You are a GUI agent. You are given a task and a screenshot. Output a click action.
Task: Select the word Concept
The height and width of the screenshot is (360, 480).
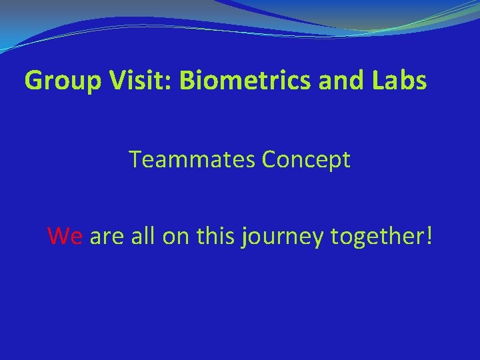[x=306, y=160]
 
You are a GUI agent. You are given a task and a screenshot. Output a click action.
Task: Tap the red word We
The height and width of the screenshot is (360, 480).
[x=65, y=235]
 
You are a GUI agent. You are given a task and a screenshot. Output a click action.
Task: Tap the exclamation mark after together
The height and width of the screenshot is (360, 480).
[x=429, y=235]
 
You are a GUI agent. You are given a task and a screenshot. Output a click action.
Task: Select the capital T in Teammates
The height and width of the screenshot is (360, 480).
[x=136, y=160]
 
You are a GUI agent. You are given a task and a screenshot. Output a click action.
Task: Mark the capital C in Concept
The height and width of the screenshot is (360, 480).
[x=271, y=160]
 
